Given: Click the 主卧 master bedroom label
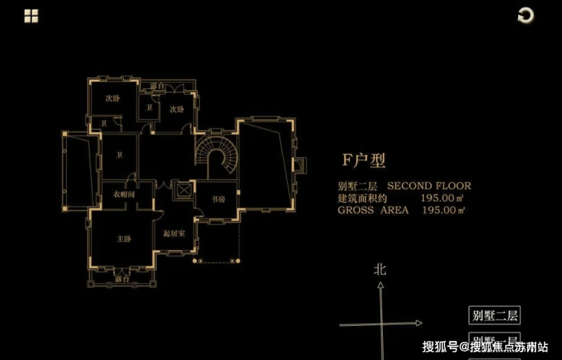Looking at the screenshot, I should tap(123, 239).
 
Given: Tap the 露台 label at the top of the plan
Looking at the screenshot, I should tap(156, 85).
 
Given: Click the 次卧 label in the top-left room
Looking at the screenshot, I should tap(112, 98).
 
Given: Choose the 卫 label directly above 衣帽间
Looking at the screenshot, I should tap(119, 156).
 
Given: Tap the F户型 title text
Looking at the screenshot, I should tap(364, 160).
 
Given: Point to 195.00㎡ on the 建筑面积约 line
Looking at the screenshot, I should tap(443, 197).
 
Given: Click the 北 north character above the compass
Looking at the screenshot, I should tap(380, 269).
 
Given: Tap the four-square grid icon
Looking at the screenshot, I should tap(32, 15).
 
